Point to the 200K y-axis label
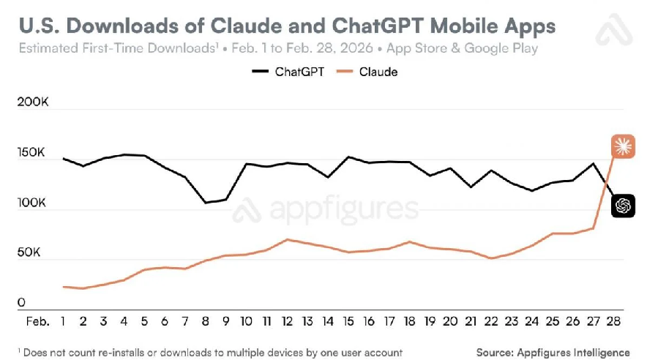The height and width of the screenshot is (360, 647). [32, 104]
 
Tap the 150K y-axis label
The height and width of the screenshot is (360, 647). [32, 154]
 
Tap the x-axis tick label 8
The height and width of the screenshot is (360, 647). [206, 320]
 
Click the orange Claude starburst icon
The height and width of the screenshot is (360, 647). [623, 146]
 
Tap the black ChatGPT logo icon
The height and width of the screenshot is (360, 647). [623, 206]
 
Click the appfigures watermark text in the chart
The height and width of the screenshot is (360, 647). [344, 209]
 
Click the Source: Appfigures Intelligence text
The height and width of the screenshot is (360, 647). [552, 352]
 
